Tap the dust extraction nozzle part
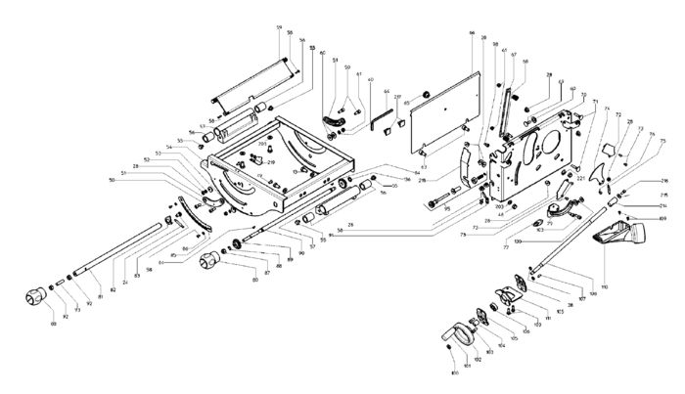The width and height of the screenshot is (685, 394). click(626, 236)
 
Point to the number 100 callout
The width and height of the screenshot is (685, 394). click(453, 373)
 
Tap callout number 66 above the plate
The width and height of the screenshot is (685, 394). click(472, 34)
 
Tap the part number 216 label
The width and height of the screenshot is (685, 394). click(663, 182)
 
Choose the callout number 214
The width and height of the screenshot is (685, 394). click(663, 207)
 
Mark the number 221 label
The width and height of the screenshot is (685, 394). click(579, 178)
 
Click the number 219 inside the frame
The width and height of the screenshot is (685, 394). click(271, 162)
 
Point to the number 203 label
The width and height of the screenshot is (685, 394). click(498, 208)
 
